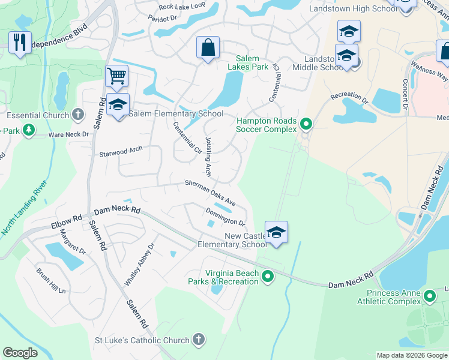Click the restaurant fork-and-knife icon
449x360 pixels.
(x=20, y=42)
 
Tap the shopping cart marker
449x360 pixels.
(x=116, y=76)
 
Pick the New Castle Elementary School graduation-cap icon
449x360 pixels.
(x=276, y=232)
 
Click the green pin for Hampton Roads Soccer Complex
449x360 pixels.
(x=306, y=124)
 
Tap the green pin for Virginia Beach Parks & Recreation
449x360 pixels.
(x=268, y=277)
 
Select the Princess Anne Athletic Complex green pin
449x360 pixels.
(x=430, y=296)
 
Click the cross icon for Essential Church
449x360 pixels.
(x=77, y=114)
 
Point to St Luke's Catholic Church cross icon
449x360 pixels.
(x=199, y=340)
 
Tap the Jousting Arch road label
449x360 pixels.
(x=208, y=156)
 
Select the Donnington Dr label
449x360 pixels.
(x=226, y=215)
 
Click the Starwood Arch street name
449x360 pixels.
(x=121, y=150)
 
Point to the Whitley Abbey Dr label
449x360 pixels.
(x=140, y=263)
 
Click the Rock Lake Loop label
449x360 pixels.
(x=181, y=6)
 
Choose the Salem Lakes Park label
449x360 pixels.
(x=247, y=63)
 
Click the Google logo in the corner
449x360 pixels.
(x=20, y=353)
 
